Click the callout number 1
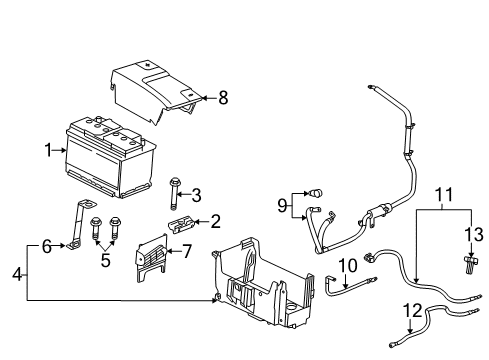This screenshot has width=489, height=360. (x=47, y=151)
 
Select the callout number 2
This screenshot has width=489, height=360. (x=213, y=222)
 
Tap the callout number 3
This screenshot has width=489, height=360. (x=197, y=193)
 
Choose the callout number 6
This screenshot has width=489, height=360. (x=47, y=246)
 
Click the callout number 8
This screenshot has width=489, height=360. (x=223, y=98)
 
